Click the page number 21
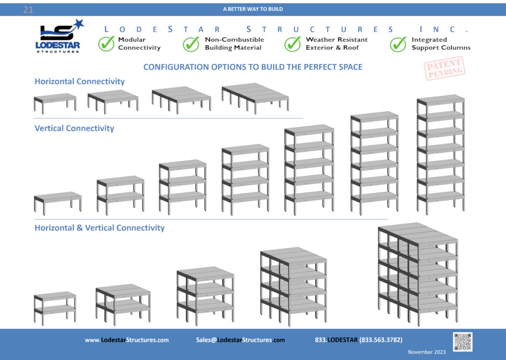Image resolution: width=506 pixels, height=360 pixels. pyautogui.click(x=28, y=10)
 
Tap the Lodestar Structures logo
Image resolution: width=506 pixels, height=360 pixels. pyautogui.click(x=60, y=36)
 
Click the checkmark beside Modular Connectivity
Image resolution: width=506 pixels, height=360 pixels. pyautogui.click(x=106, y=44)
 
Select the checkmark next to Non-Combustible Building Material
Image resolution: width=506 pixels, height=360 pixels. pyautogui.click(x=191, y=44)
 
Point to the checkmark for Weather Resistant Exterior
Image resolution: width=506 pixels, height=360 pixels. pyautogui.click(x=293, y=44)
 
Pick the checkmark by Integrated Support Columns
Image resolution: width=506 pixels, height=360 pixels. pyautogui.click(x=398, y=44)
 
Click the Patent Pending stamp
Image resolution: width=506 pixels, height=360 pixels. pyautogui.click(x=444, y=68)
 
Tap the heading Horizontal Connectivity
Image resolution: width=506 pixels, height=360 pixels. pyautogui.click(x=80, y=82)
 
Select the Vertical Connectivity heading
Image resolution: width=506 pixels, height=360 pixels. pyautogui.click(x=74, y=128)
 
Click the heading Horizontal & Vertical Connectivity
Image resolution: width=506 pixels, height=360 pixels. pyautogui.click(x=100, y=228)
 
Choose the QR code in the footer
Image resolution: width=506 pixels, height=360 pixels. pyautogui.click(x=463, y=342)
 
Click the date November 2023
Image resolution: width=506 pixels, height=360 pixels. pyautogui.click(x=426, y=352)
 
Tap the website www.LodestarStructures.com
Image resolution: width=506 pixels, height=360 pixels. pyautogui.click(x=127, y=340)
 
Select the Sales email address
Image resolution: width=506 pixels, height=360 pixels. pyautogui.click(x=241, y=340)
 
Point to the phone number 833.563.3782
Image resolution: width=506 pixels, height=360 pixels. pyautogui.click(x=381, y=340)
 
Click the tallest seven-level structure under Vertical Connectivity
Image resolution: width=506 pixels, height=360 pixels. pyautogui.click(x=441, y=154)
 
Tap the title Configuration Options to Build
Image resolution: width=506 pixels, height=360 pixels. pyautogui.click(x=253, y=67)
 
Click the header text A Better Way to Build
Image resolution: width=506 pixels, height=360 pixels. pyautogui.click(x=253, y=9)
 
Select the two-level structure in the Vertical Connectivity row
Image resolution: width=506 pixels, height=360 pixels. pyautogui.click(x=121, y=195)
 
